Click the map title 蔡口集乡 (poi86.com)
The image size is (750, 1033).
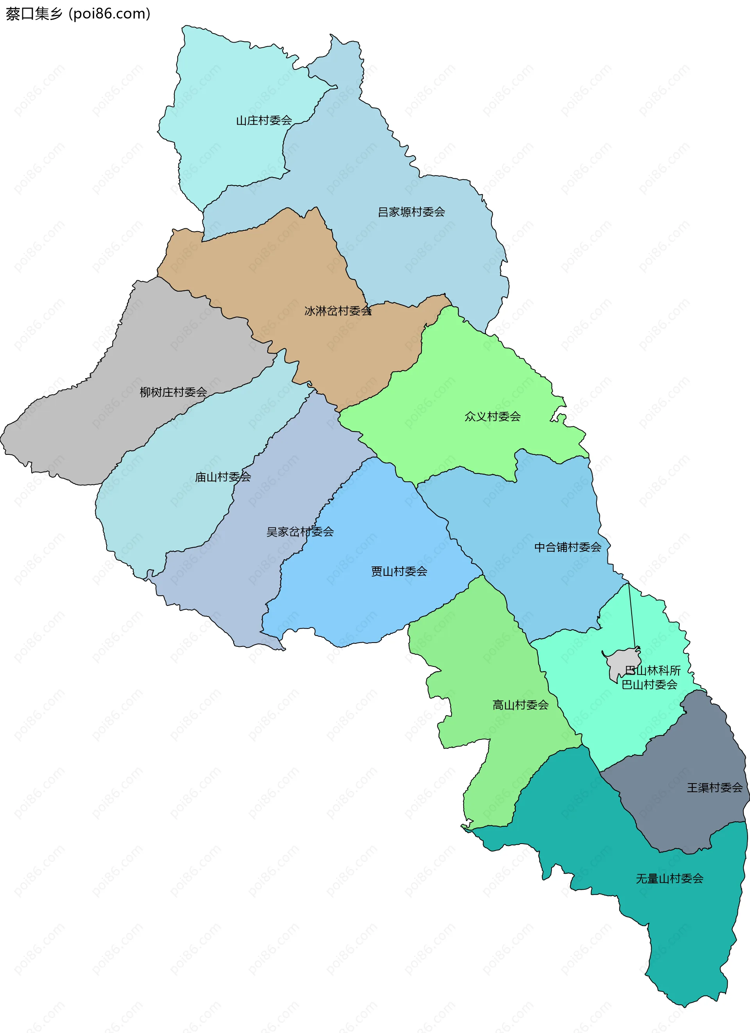click(77, 14)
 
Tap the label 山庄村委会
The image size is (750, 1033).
click(264, 120)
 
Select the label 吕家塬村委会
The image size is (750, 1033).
click(411, 212)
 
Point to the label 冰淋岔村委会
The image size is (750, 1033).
click(337, 311)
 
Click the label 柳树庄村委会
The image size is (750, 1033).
click(173, 392)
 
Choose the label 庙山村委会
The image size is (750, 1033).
click(223, 477)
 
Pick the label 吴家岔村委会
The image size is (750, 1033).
click(300, 532)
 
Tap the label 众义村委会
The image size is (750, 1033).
click(492, 416)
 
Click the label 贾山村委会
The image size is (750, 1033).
click(399, 571)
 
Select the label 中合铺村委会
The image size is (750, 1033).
click(567, 547)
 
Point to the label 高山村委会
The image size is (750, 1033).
click(520, 705)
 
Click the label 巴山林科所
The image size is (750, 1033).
click(652, 670)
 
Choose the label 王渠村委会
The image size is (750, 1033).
click(714, 787)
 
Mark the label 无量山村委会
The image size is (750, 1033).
click(670, 878)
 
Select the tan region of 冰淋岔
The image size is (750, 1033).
click(273, 264)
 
